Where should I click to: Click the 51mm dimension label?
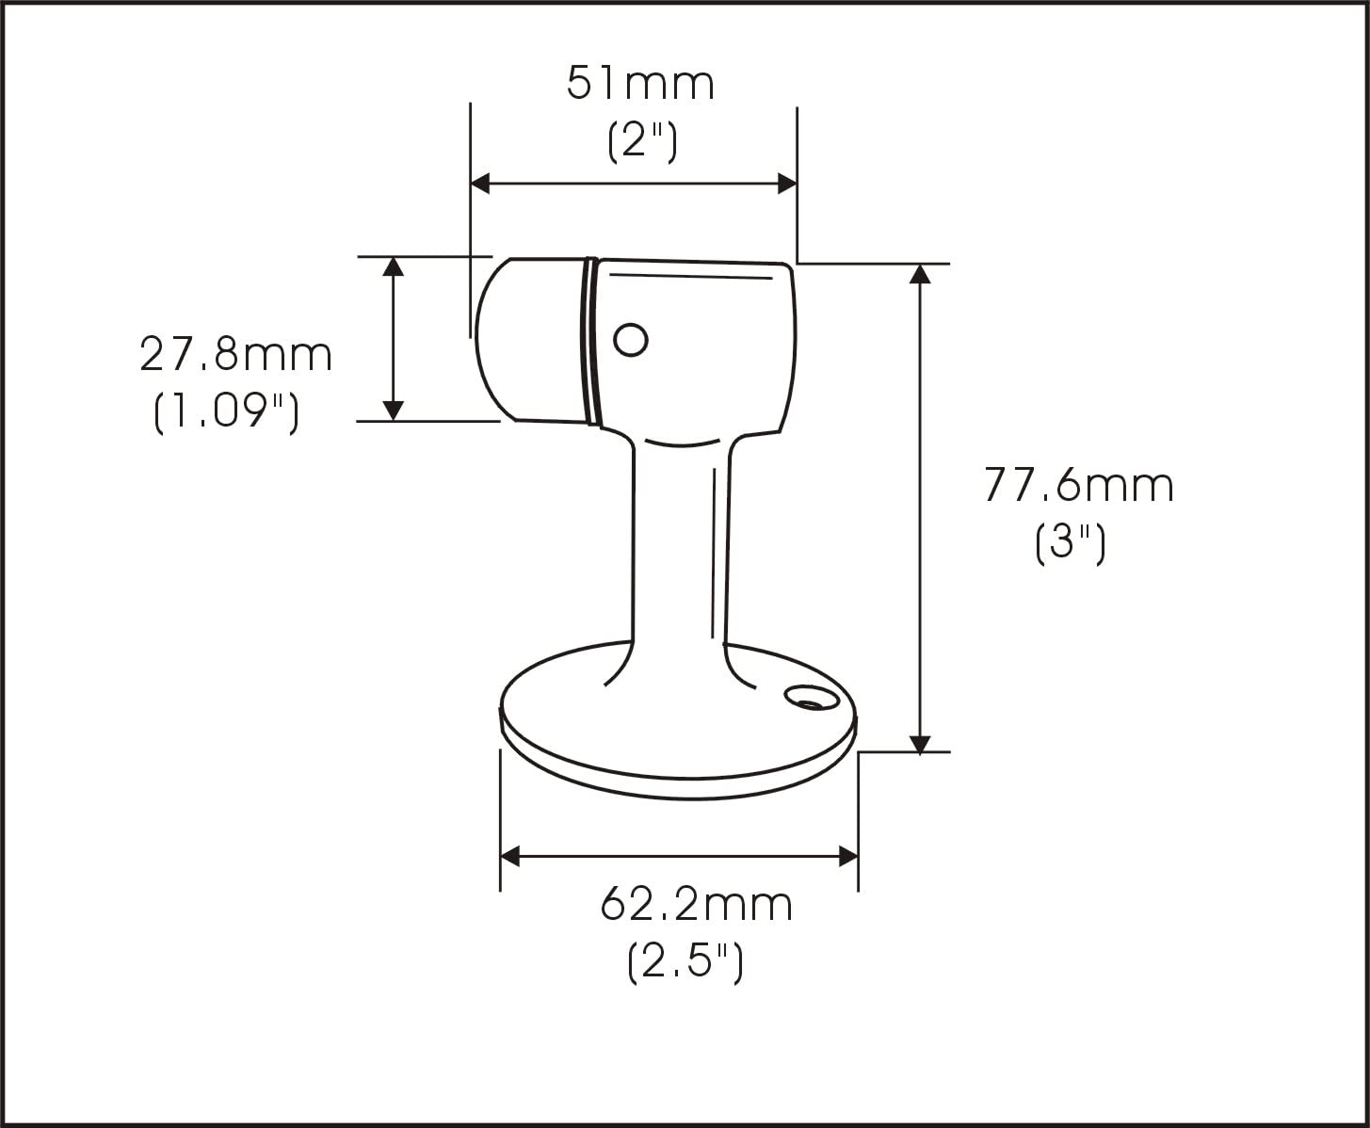coord(640,83)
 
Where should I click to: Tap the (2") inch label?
coord(642,142)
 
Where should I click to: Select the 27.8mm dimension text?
coord(236,355)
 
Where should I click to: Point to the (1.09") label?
coord(226,412)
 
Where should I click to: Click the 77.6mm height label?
coord(1079,486)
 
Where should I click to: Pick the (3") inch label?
coord(1070,543)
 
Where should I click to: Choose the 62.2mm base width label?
coord(697,905)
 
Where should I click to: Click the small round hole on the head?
coord(630,339)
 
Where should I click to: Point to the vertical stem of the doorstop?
coord(678,546)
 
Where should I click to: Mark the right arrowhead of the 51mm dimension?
coord(788,184)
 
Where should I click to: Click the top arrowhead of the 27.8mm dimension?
coord(394,266)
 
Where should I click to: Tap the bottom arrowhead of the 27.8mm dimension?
coord(394,411)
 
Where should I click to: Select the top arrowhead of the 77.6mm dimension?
coord(920,274)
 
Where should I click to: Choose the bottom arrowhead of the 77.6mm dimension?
coord(920,743)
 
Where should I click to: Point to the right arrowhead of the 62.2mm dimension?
coord(847,857)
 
